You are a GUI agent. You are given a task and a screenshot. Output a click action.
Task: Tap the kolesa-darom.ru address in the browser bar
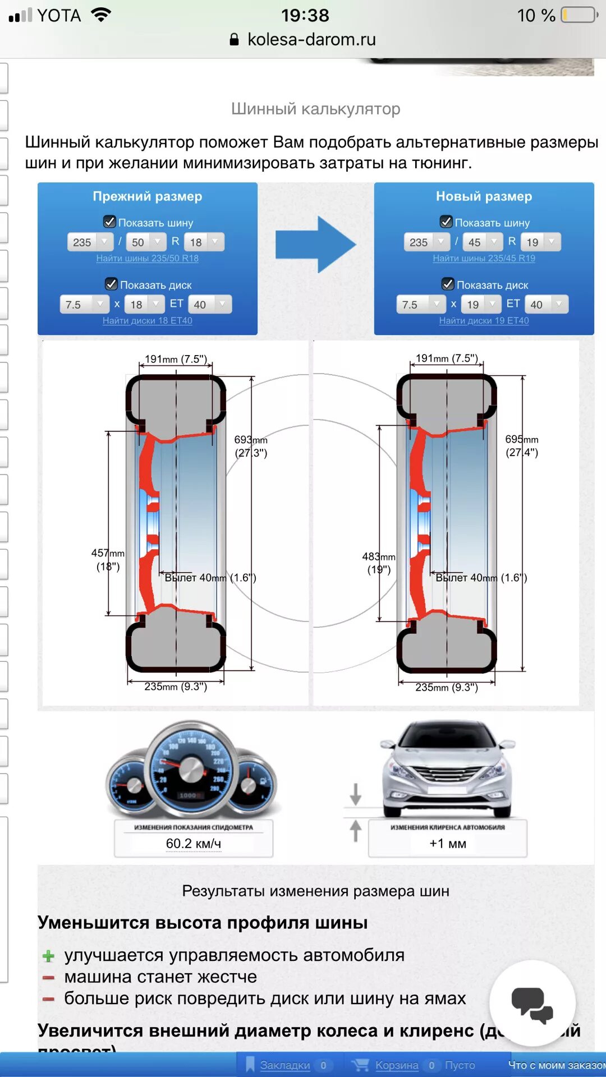click(x=311, y=39)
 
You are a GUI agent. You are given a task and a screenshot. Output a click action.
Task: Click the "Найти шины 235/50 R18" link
click(x=147, y=258)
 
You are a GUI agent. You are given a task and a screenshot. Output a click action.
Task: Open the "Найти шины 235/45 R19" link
click(x=484, y=258)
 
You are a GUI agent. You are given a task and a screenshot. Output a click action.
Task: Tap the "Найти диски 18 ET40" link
click(x=147, y=320)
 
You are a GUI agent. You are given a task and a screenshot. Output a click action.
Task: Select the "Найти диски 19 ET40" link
click(x=484, y=320)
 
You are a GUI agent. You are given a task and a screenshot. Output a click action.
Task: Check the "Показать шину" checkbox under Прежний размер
click(x=110, y=222)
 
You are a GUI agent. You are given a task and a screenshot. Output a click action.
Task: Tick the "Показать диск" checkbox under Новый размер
click(x=448, y=284)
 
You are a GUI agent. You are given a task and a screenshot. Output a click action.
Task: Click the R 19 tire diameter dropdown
click(x=540, y=242)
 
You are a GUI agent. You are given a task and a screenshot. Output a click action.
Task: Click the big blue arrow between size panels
click(x=315, y=245)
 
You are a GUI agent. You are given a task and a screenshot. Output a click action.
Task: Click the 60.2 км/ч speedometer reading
click(x=194, y=844)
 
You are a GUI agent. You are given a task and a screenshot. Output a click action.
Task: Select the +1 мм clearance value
click(x=448, y=844)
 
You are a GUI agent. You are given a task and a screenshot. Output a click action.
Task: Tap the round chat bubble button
click(x=532, y=1004)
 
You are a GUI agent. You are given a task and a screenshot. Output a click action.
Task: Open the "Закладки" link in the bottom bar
click(x=285, y=1065)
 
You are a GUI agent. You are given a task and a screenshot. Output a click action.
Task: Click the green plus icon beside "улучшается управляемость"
click(x=49, y=956)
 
